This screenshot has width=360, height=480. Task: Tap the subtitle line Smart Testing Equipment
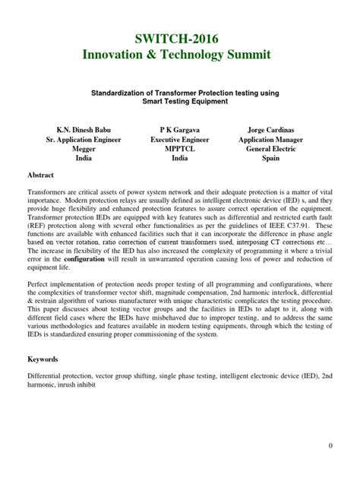tap(180, 101)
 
